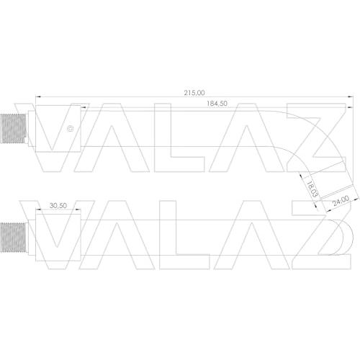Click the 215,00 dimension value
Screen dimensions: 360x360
point(194,93)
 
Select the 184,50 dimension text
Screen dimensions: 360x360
point(217,104)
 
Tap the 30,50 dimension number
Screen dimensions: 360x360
point(58,205)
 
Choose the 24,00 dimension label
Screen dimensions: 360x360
point(341,201)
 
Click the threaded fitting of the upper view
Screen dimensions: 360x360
point(13,129)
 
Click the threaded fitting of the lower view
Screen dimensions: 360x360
point(13,238)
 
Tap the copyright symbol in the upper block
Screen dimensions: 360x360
point(71,129)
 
